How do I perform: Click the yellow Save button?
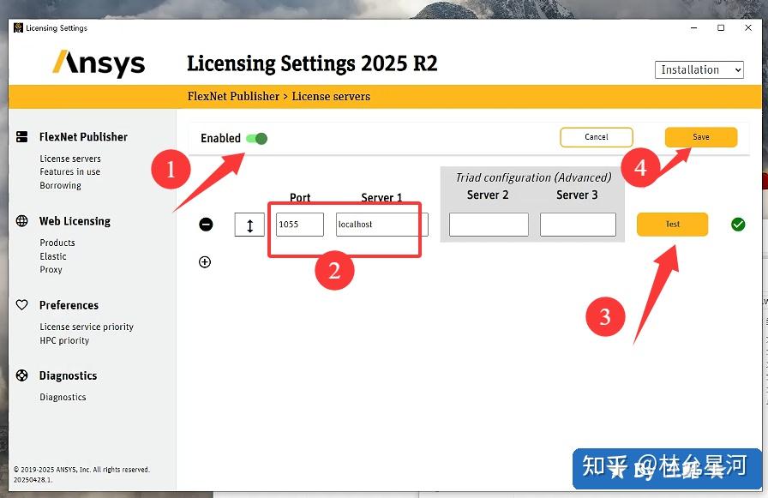tap(700, 137)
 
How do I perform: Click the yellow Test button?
tap(672, 225)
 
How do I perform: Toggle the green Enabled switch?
tap(256, 138)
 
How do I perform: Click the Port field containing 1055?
tap(299, 225)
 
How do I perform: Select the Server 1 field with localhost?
tap(381, 225)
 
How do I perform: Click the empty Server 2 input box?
tap(489, 225)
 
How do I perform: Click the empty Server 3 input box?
tap(578, 225)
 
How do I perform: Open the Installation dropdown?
tap(699, 70)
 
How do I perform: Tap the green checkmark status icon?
tap(738, 225)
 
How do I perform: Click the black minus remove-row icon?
tap(206, 225)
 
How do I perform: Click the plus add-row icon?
tap(205, 262)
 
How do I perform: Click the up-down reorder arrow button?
tap(249, 225)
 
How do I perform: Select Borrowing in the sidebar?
tap(60, 185)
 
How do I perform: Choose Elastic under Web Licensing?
tap(53, 256)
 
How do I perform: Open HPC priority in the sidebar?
tap(64, 340)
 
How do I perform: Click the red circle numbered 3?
tap(605, 316)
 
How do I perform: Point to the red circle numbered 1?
tap(170, 170)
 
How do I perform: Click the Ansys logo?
tap(99, 63)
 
